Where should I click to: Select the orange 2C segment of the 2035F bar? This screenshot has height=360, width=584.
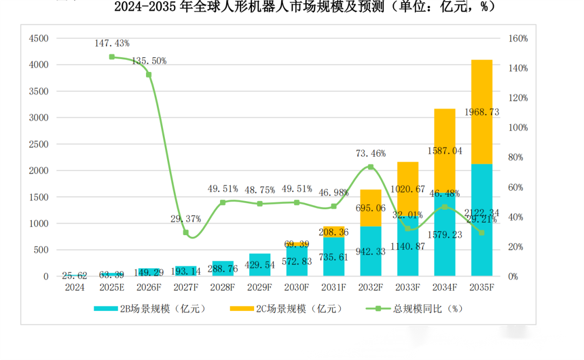click(x=481, y=92)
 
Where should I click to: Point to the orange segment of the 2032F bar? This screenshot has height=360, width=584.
click(x=370, y=208)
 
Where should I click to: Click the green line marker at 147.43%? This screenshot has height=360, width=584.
click(x=112, y=57)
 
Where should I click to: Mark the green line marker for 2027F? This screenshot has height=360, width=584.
click(x=185, y=232)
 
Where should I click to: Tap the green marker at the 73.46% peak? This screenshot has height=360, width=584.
click(x=370, y=167)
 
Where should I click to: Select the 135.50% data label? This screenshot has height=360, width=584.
click(x=149, y=61)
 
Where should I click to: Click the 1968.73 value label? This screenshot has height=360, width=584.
click(x=481, y=112)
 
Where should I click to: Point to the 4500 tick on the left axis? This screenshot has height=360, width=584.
click(x=38, y=38)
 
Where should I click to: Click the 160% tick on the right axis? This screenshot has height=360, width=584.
click(x=517, y=38)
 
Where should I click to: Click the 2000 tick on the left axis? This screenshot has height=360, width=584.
click(x=38, y=171)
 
